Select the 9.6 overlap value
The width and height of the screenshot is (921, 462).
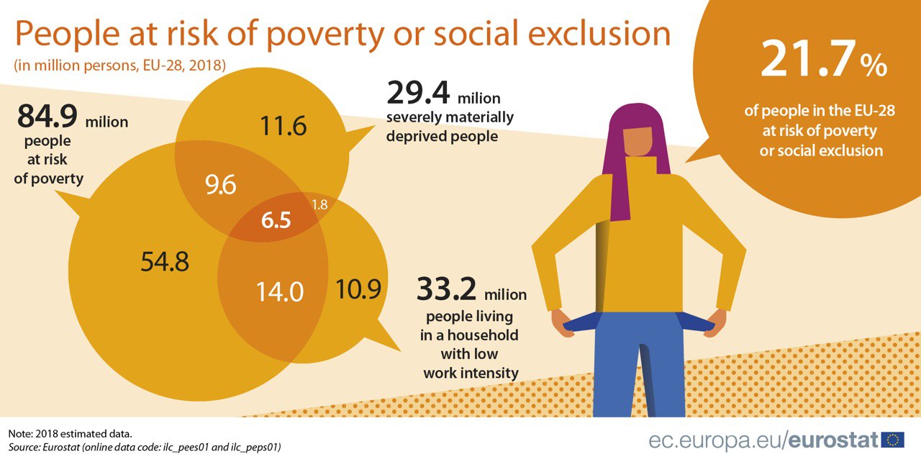[220, 186]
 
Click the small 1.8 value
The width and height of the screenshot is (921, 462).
[320, 204]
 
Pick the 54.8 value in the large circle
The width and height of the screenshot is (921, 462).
[165, 262]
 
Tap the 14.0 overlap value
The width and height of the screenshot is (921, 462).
[281, 291]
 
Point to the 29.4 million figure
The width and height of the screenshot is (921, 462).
[443, 94]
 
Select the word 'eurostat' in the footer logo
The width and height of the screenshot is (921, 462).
[835, 439]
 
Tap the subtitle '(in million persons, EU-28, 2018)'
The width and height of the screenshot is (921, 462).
[120, 65]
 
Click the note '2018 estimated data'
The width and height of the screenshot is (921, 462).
[70, 434]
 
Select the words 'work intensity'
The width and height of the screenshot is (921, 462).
[471, 373]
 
